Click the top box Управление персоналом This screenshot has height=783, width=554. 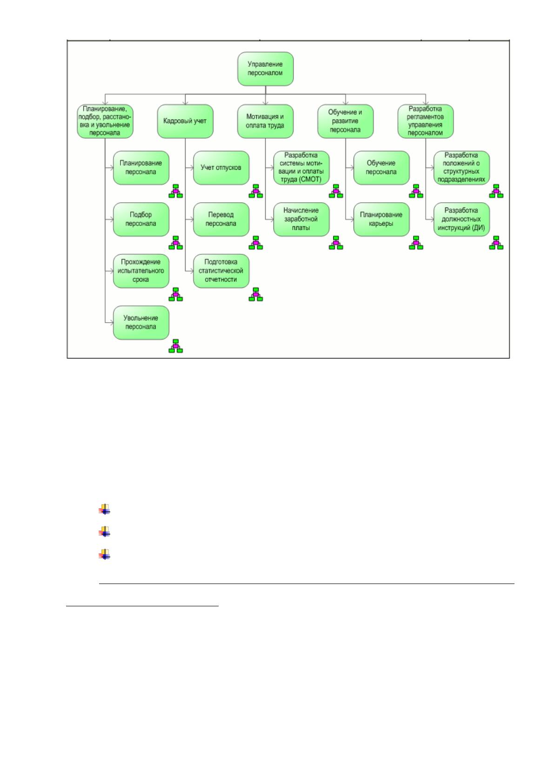[266, 69]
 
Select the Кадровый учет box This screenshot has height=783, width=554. [185, 121]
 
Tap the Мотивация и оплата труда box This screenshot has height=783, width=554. [266, 121]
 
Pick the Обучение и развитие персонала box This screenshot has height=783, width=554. [346, 121]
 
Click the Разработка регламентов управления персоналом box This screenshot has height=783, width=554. [426, 121]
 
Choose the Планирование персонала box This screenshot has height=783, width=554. [141, 168]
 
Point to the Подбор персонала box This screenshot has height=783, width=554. [141, 219]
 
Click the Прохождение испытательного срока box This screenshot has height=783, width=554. [141, 271]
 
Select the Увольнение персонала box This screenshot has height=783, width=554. [141, 323]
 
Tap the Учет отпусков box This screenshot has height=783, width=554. [221, 168]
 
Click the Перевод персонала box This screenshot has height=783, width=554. [221, 219]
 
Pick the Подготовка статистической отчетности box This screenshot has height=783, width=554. [221, 271]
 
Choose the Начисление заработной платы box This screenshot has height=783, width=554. [301, 219]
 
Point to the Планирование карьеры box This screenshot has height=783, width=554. [381, 219]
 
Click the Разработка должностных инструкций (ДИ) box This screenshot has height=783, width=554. [461, 219]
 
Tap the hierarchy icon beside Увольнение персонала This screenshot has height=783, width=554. [175, 346]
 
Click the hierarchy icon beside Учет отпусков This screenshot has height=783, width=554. [256, 191]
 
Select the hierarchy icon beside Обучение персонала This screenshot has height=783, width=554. [416, 191]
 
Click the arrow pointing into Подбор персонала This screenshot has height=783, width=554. [109, 219]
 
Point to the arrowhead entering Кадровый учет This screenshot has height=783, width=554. [186, 102]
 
